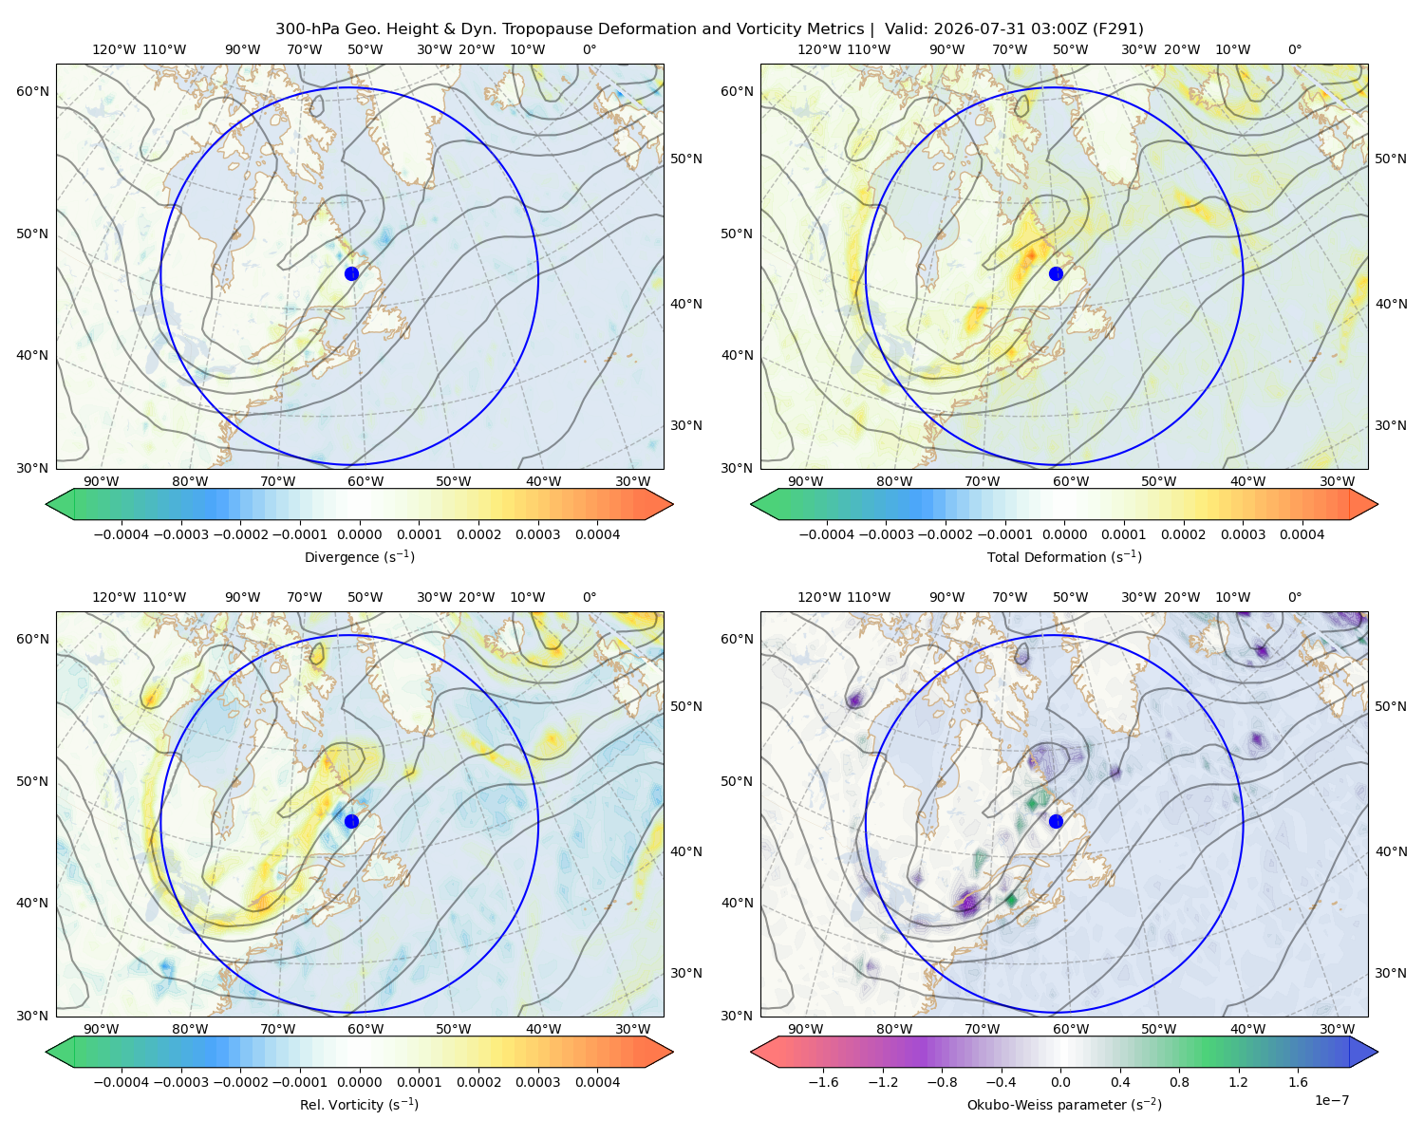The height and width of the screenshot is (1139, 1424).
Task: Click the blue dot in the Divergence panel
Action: (351, 274)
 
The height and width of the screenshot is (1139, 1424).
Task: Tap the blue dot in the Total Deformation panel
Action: (1056, 274)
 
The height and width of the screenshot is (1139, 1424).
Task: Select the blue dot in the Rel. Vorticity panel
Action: (351, 821)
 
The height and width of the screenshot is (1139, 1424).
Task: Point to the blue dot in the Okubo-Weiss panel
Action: (1056, 821)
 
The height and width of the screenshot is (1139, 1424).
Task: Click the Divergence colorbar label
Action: (359, 557)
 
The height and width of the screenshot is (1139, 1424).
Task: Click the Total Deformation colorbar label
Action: (1064, 557)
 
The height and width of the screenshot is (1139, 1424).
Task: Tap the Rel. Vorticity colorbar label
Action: (359, 1105)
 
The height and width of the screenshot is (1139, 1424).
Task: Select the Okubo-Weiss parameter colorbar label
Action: (1064, 1105)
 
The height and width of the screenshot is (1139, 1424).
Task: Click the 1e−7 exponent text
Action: (1331, 1101)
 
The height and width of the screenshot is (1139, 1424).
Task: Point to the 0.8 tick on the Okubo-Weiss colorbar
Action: (1179, 1082)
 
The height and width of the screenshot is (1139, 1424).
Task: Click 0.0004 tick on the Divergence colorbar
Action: (597, 534)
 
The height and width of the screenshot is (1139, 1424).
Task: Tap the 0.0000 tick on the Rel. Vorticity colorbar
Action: (359, 1082)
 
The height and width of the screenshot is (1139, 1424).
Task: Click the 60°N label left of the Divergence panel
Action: (32, 91)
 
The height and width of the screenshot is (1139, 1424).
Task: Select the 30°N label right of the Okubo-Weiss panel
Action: (1390, 973)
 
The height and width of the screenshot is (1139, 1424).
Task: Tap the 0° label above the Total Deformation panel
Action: (1294, 49)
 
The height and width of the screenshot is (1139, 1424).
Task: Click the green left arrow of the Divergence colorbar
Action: (60, 504)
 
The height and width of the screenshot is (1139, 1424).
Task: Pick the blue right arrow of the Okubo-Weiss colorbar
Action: (1364, 1052)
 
